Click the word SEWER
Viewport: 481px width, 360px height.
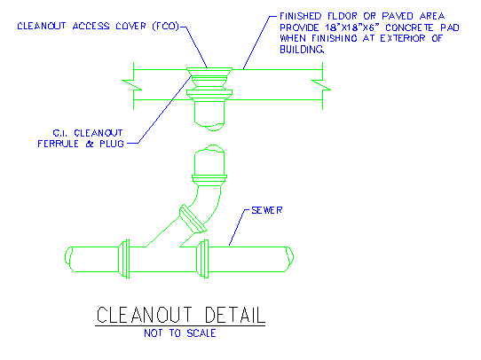[x=266, y=210]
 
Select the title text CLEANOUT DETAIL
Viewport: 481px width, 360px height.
[x=181, y=315]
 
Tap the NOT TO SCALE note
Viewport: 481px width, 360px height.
[x=180, y=333]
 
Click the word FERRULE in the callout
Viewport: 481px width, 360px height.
[x=58, y=144]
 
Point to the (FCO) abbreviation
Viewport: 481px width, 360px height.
[x=166, y=26]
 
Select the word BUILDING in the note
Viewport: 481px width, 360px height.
[x=302, y=50]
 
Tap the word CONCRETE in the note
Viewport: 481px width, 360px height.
[x=409, y=27]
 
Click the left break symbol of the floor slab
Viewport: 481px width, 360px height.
[x=132, y=85]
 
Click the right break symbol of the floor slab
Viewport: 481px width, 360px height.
[x=322, y=85]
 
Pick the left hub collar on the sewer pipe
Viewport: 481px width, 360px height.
[x=124, y=259]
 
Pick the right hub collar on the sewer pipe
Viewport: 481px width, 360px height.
[x=203, y=259]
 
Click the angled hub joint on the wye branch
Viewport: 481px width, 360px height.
[x=193, y=219]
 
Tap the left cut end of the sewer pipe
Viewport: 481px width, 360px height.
[x=69, y=259]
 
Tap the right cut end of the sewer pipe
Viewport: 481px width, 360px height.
[x=289, y=259]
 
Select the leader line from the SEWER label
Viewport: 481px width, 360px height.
[x=239, y=228]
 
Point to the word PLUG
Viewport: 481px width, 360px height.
[x=112, y=144]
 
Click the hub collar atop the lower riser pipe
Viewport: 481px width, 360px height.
[x=209, y=179]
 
